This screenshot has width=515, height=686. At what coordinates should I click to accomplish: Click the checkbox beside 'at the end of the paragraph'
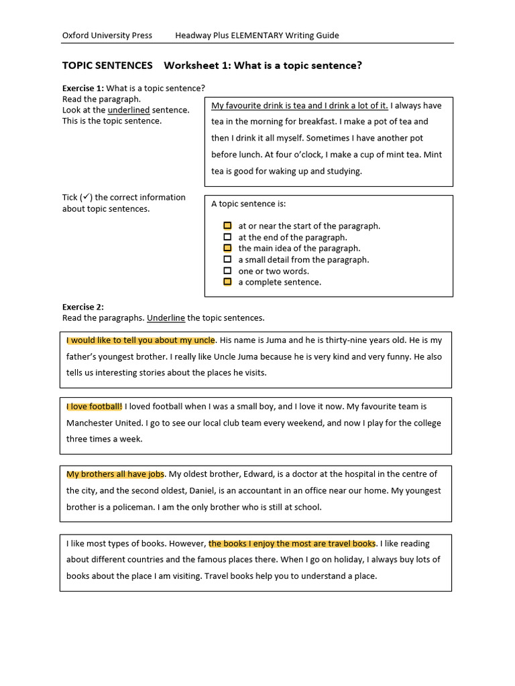[227, 237]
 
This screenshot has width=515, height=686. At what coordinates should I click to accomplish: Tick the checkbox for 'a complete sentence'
[227, 282]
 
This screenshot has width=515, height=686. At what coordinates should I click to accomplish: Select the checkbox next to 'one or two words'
[227, 271]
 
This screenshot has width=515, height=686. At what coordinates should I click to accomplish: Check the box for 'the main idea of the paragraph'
[227, 248]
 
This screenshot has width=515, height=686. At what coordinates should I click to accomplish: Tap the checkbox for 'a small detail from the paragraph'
[227, 259]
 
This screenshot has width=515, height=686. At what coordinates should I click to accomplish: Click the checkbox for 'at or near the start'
[227, 226]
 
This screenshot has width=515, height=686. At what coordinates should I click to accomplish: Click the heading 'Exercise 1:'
[83, 88]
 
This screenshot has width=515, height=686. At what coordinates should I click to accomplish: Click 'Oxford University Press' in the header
[107, 36]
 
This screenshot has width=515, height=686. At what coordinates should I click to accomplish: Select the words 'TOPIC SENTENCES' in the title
[107, 66]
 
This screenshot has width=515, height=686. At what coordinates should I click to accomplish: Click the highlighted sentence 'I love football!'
[95, 406]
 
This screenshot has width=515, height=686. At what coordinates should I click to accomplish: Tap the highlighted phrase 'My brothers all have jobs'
[115, 474]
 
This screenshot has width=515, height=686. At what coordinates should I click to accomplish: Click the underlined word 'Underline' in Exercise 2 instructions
[166, 318]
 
